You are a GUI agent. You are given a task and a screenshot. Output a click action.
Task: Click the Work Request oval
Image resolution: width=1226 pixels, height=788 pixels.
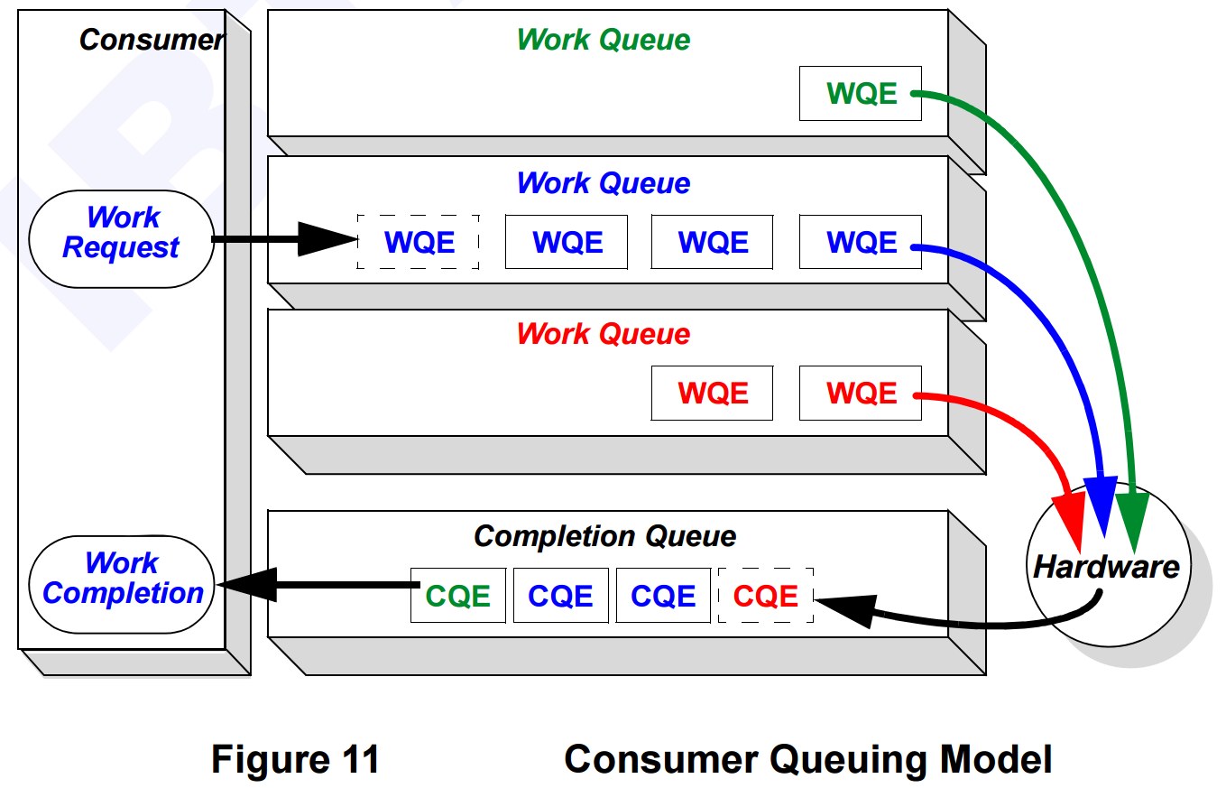(x=122, y=232)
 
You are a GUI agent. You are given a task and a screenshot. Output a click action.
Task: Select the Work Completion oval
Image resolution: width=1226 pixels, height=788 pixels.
(x=123, y=578)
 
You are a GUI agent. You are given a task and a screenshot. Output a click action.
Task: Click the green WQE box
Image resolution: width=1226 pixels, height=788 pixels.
(x=861, y=94)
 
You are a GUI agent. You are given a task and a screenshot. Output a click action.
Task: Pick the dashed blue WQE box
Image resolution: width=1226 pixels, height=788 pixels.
(x=419, y=242)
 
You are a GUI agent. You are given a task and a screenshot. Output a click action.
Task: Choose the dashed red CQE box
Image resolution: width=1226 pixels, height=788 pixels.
(x=766, y=596)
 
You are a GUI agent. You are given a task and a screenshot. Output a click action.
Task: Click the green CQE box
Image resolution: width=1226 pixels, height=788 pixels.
(x=458, y=596)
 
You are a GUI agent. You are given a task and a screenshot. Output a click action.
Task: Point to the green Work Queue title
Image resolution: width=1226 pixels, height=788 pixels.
(x=603, y=40)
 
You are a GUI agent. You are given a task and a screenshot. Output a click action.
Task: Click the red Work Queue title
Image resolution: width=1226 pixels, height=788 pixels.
(x=603, y=334)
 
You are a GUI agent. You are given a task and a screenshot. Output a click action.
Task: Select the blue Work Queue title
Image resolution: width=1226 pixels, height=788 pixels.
(x=603, y=183)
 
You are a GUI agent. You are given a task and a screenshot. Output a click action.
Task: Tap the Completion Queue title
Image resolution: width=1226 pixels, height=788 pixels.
(x=604, y=536)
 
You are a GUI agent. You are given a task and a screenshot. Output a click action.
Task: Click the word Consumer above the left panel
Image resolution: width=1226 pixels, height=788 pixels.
(x=151, y=40)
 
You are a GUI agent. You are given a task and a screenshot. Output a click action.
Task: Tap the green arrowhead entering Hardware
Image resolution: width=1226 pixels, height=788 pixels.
(x=1132, y=519)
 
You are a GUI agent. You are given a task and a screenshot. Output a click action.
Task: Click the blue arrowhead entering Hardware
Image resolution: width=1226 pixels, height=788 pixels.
(x=1103, y=515)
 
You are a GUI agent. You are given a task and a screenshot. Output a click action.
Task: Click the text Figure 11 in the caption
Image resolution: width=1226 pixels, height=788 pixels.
(x=295, y=759)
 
